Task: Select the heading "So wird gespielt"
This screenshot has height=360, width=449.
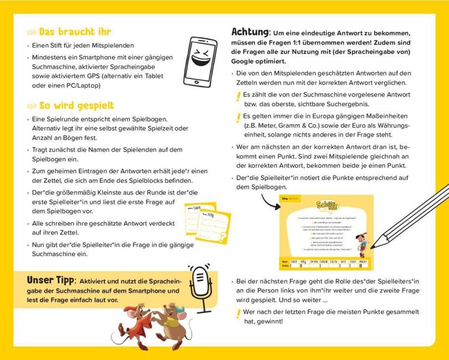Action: pos(76,106)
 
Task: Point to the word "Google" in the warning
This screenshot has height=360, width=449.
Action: pos(246,61)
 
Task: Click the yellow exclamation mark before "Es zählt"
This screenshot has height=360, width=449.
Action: pos(239,97)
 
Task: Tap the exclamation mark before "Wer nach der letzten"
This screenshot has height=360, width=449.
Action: pos(239,314)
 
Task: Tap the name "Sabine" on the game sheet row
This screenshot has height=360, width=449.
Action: pos(295,260)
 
